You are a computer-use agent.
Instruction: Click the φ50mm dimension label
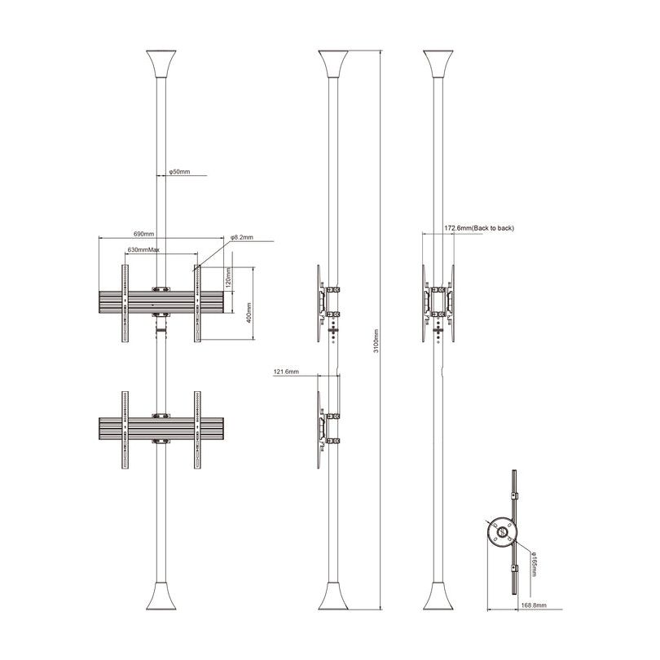179,173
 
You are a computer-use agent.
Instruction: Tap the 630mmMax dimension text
143,249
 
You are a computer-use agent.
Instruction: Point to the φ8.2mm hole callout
242,237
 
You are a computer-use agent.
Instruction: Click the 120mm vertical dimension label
229,279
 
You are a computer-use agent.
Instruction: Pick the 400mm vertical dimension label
248,311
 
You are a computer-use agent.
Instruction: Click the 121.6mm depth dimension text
286,372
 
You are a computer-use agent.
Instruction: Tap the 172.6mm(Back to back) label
479,228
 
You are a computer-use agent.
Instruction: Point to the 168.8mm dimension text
533,606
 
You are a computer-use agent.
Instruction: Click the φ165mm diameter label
534,563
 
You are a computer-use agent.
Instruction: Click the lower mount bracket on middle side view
323,429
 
